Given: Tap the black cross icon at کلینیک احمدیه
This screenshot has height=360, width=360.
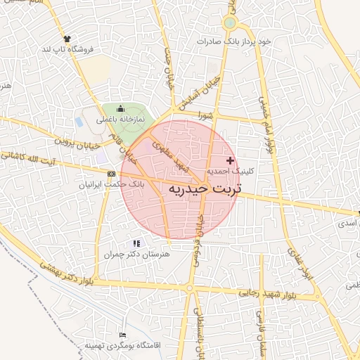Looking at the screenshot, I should tap(230, 161).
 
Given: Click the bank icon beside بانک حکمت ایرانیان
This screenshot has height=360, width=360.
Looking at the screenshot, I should tap(112, 173).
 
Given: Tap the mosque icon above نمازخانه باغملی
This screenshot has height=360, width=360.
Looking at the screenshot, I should tap(120, 109).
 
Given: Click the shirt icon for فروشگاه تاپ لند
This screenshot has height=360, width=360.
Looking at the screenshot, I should tap(67, 39).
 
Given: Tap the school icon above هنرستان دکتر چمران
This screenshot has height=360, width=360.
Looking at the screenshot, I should tap(136, 243).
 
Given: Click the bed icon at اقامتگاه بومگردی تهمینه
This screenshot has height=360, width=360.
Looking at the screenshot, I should tap(124, 335).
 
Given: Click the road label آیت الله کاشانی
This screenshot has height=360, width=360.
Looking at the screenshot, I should tap(32, 157).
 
